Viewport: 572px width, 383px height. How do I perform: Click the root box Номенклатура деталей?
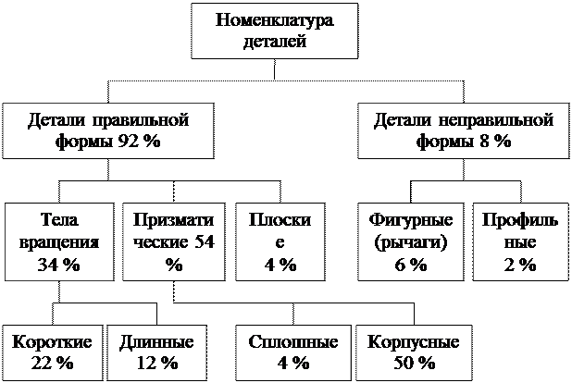(x=274, y=31)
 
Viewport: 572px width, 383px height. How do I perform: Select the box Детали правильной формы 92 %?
(x=108, y=131)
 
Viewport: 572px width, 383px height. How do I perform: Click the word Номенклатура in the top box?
(x=274, y=19)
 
